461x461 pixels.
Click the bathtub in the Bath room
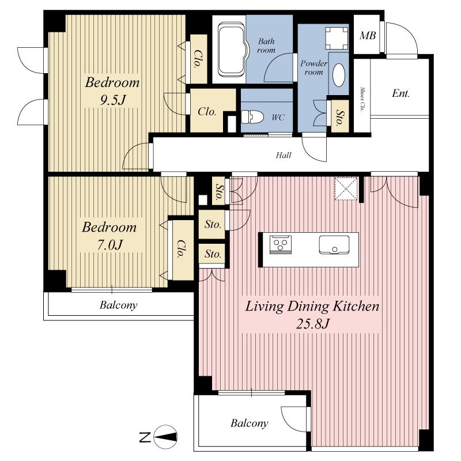[x=229, y=50]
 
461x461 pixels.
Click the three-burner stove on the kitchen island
[x=281, y=245]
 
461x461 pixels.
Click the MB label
[x=368, y=36]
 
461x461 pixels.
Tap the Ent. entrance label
[x=400, y=93]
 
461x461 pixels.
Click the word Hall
[x=283, y=155]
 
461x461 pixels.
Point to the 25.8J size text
[x=313, y=324]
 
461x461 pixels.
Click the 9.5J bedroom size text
[x=112, y=100]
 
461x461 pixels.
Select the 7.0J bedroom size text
[x=109, y=244]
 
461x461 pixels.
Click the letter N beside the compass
[x=146, y=437]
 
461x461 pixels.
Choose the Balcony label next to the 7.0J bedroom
[x=119, y=305]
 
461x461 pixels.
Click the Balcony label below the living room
[x=250, y=424]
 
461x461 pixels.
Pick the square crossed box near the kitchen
[x=346, y=187]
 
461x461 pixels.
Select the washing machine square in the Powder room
[x=335, y=39]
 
